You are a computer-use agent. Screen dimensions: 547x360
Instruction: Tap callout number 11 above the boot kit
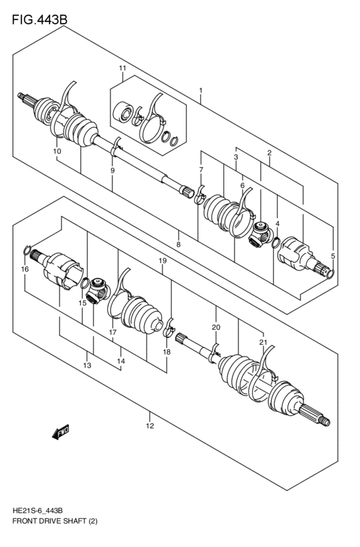[122, 69]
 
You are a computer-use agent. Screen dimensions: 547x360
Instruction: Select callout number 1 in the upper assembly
[201, 91]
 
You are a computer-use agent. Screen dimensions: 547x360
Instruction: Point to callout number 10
[57, 151]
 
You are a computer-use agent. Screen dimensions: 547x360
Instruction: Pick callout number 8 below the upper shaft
[178, 244]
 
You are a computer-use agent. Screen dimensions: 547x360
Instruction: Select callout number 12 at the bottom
[149, 426]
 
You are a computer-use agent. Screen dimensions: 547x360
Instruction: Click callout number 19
[163, 260]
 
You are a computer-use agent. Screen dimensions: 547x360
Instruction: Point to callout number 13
[87, 365]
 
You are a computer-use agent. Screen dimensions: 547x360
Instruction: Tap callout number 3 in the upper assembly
[236, 157]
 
